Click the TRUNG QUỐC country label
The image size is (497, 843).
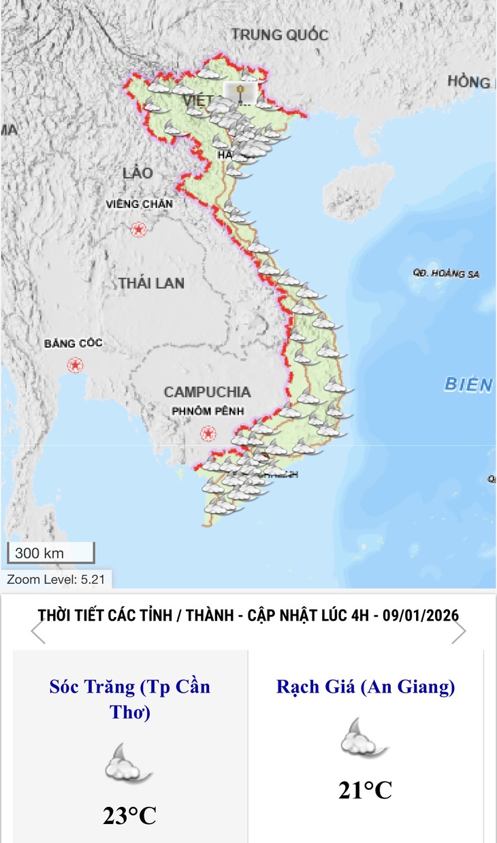click(x=279, y=34)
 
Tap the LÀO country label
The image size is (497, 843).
click(x=138, y=173)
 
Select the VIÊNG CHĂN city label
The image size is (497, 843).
click(x=140, y=203)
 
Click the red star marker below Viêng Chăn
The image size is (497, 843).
click(x=140, y=229)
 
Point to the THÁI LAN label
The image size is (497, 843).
click(x=151, y=283)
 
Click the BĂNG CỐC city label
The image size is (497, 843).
click(x=73, y=343)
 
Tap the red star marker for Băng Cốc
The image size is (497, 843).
click(x=74, y=365)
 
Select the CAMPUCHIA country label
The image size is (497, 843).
click(x=207, y=392)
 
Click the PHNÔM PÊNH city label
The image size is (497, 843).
click(x=207, y=412)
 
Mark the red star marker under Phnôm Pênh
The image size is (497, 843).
click(x=208, y=433)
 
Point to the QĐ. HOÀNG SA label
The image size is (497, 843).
click(x=446, y=274)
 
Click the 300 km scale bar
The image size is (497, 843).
click(x=50, y=553)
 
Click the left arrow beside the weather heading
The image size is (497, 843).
click(x=38, y=632)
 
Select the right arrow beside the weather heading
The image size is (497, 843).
click(x=459, y=632)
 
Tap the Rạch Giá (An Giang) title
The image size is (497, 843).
click(x=366, y=687)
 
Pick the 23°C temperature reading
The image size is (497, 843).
click(x=129, y=815)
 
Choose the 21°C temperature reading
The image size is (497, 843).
click(x=366, y=790)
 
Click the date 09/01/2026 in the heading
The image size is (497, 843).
click(x=420, y=614)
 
